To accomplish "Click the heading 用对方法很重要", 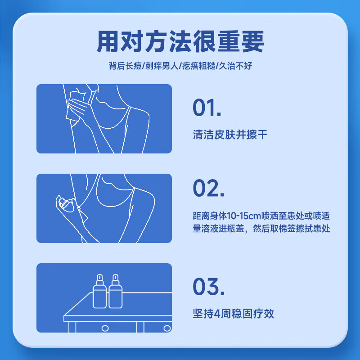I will (x=180, y=41).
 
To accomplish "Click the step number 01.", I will (x=207, y=108).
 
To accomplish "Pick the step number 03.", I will (x=208, y=287).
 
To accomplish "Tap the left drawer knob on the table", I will (x=105, y=328).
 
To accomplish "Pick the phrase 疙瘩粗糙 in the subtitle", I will (x=198, y=66).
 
